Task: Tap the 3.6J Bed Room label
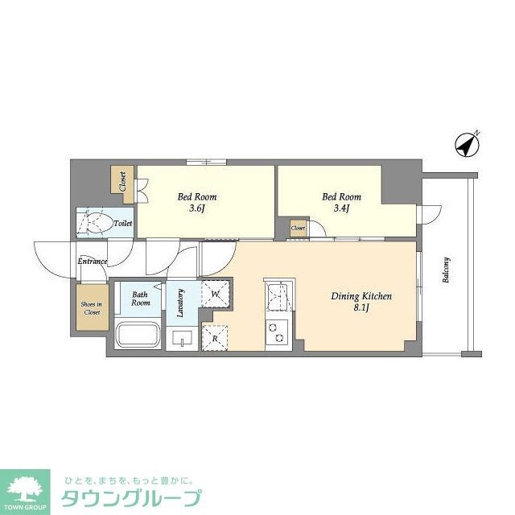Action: [196, 203]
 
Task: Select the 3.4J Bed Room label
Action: [341, 203]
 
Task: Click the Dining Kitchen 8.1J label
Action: [361, 301]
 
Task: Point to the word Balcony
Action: [446, 272]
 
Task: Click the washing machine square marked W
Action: [215, 294]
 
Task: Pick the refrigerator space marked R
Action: [214, 336]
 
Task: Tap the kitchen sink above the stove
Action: [278, 296]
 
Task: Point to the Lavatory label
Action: [181, 303]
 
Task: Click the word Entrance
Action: [93, 262]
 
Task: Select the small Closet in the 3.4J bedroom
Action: [298, 229]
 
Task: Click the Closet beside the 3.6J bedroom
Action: [122, 180]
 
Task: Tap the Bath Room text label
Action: [141, 298]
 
